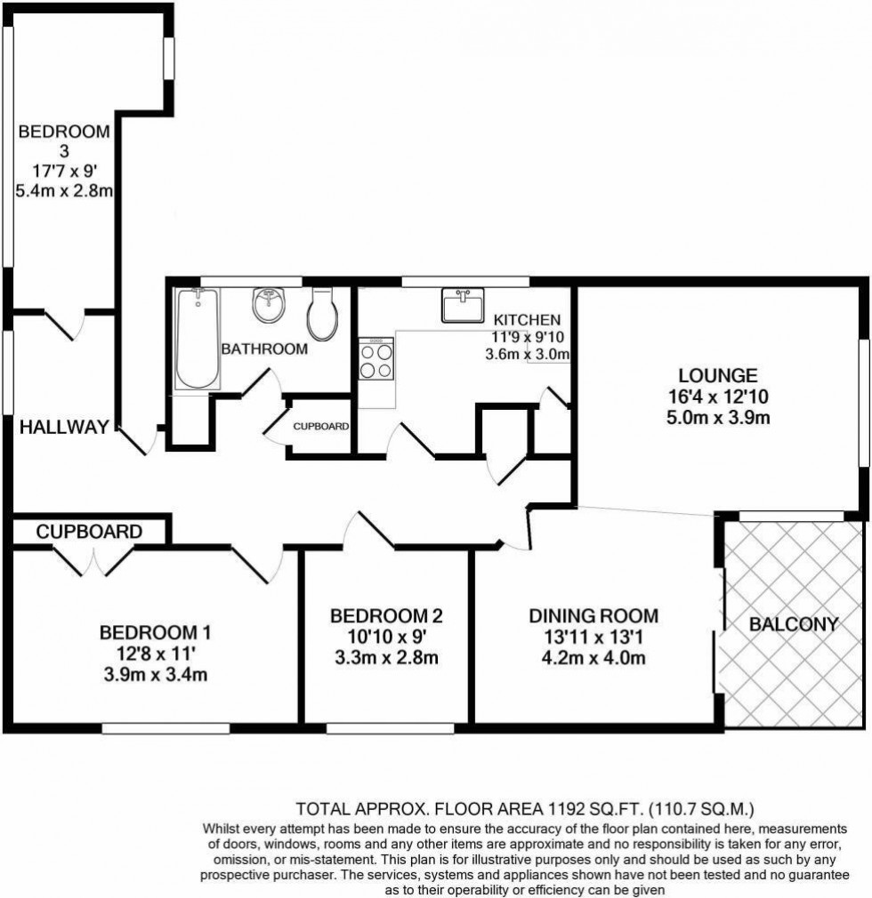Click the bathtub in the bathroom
[x=198, y=340]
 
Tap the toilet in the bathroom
[x=321, y=314]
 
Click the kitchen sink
[x=463, y=304]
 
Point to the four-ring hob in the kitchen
[x=376, y=360]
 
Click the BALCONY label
[x=794, y=624]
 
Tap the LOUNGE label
[x=718, y=375]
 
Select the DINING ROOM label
[x=593, y=615]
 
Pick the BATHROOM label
[x=264, y=349]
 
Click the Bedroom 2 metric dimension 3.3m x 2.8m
[x=385, y=658]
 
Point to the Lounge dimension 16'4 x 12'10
[x=718, y=397]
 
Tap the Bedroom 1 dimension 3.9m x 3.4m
[x=155, y=675]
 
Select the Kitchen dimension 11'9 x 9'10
[x=529, y=337]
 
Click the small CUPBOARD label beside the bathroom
[x=320, y=427]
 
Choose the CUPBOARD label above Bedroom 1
[x=89, y=532]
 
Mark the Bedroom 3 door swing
[x=67, y=325]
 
